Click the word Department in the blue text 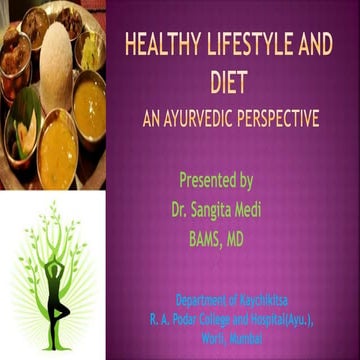click(x=206, y=299)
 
